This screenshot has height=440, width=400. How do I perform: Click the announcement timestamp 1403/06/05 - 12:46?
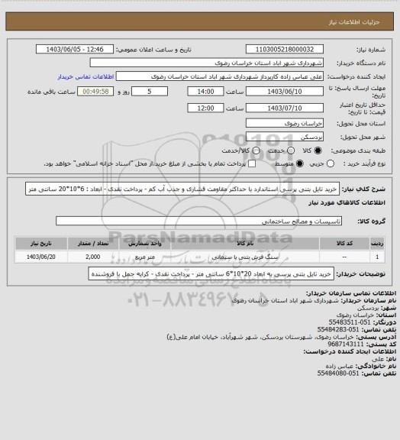pos(79,50)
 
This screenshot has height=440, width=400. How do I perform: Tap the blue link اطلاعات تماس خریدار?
pos(86,77)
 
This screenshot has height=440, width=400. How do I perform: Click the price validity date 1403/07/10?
pos(280,108)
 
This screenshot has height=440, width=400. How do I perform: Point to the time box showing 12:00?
pos(205,108)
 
